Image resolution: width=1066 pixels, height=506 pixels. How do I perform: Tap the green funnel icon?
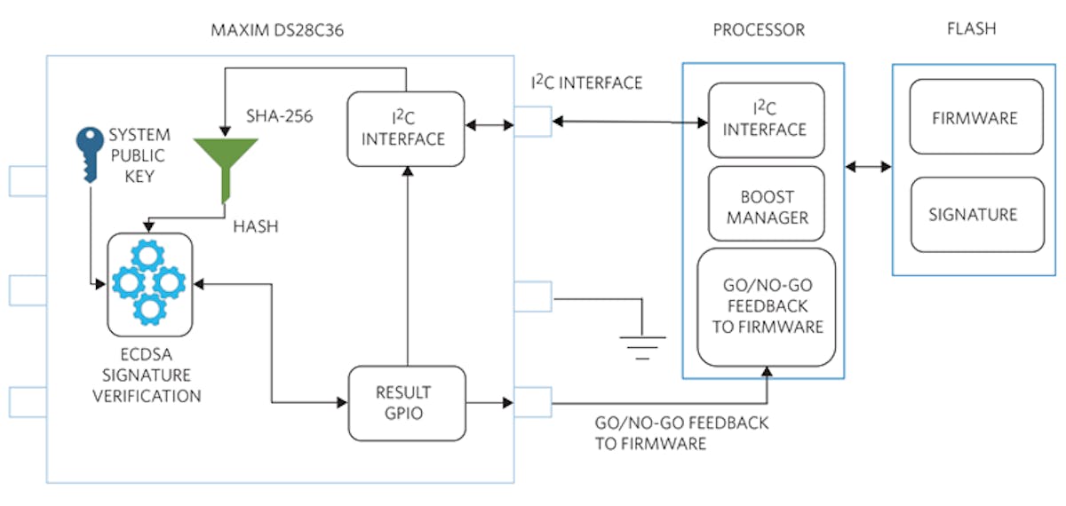[225, 164]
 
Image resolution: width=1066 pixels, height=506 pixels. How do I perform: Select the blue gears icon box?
[149, 281]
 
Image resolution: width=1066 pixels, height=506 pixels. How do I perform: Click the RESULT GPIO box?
[407, 403]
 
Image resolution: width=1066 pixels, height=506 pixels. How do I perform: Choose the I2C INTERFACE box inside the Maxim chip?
[407, 128]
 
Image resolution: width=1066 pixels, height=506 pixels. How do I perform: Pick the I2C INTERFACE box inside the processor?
[765, 120]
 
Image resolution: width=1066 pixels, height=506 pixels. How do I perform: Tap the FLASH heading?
[971, 28]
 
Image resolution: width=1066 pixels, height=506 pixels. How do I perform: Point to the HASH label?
[255, 226]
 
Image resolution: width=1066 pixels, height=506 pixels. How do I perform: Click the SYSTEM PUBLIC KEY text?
[143, 156]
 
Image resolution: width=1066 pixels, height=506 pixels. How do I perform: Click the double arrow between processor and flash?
[868, 166]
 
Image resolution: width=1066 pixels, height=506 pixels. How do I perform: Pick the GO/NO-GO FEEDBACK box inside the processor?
[766, 306]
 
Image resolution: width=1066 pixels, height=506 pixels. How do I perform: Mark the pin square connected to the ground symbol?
[533, 296]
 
